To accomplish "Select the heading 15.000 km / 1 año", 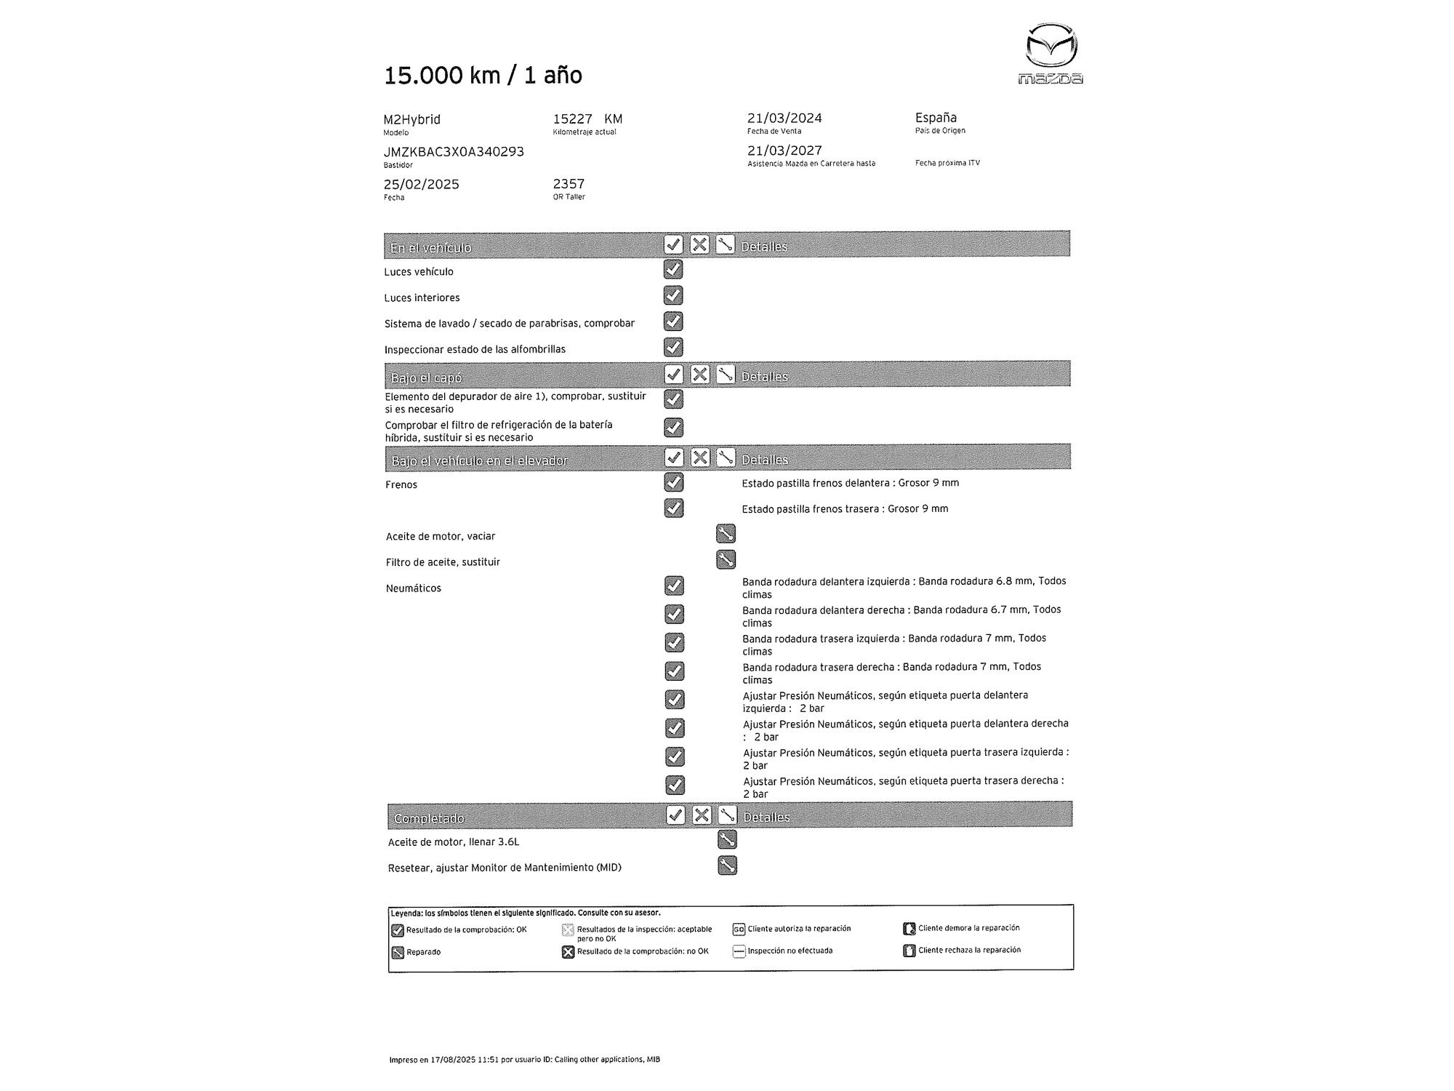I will [483, 75].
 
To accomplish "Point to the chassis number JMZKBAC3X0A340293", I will [454, 152].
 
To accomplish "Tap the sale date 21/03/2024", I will [784, 118].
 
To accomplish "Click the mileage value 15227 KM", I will [587, 119].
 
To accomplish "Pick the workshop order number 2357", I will [569, 184].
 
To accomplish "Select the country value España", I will [936, 118].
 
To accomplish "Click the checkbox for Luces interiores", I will [673, 295].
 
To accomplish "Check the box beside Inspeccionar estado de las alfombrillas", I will [673, 347].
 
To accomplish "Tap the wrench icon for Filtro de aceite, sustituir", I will [726, 559].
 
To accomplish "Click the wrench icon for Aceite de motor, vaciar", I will [726, 534].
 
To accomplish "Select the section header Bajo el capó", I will [426, 377].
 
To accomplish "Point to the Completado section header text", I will [429, 818].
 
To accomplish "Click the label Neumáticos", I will [413, 588].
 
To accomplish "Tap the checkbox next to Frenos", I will [674, 482].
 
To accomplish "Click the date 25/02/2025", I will [422, 184].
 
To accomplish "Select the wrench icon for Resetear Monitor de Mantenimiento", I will [727, 866].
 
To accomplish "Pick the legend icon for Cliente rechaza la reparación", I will [909, 951].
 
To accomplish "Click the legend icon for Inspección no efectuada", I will [739, 951].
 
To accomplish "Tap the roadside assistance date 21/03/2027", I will [784, 151].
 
